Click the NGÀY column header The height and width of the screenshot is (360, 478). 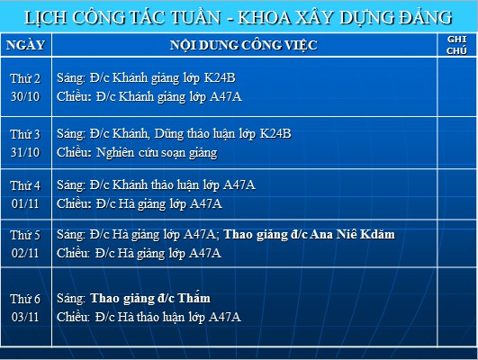tap(25, 45)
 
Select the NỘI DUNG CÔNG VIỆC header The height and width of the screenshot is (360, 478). tap(244, 45)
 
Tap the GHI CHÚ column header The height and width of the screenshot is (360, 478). tap(456, 45)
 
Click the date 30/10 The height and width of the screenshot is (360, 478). tap(25, 96)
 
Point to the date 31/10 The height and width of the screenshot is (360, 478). tap(25, 152)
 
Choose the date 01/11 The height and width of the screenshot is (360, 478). tap(25, 203)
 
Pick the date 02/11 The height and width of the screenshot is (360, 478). tap(25, 253)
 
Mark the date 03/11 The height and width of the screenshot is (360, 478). tap(25, 317)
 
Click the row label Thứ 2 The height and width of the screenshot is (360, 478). tap(25, 78)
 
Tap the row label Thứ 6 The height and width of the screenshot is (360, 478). tap(25, 299)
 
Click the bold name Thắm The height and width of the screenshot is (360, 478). tap(194, 298)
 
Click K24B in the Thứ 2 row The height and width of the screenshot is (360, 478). tap(220, 77)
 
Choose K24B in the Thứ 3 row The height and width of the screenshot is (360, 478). tap(275, 133)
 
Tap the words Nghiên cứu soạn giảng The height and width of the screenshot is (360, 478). tap(157, 152)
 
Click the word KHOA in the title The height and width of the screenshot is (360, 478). tap(265, 17)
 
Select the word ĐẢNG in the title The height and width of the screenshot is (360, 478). tap(426, 17)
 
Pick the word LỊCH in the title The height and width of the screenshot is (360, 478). tap(46, 17)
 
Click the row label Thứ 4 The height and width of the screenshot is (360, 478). tap(25, 185)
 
